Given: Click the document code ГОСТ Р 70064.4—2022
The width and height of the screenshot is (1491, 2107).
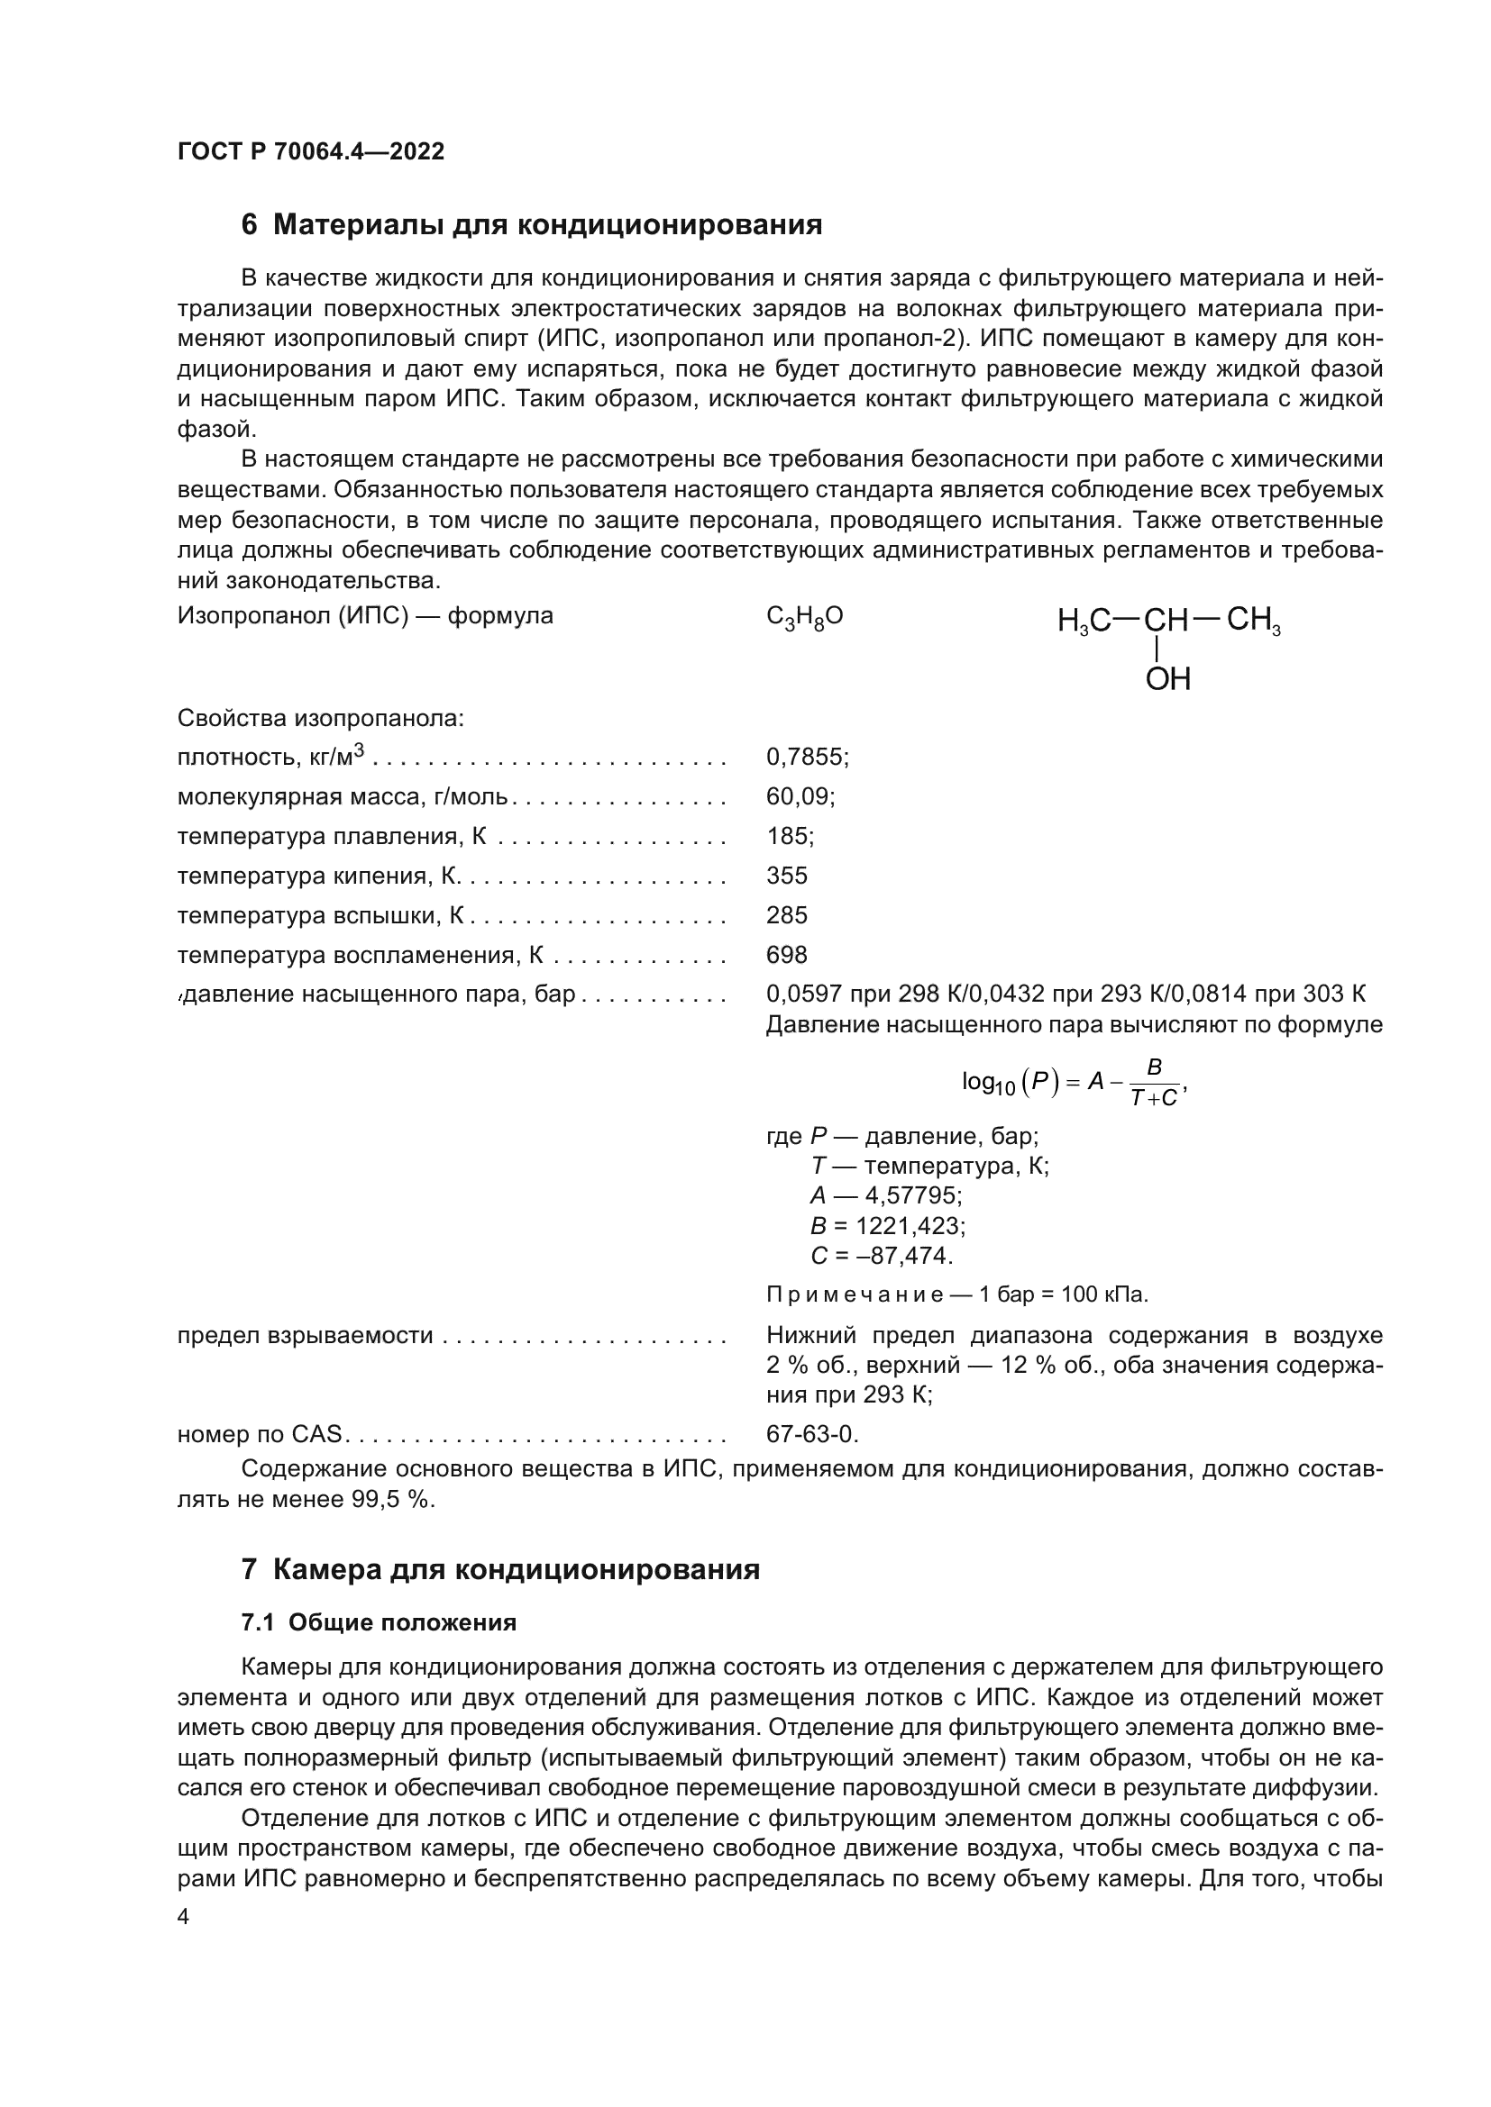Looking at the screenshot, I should click(x=310, y=151).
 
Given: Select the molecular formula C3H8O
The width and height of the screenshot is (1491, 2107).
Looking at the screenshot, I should click(x=804, y=617).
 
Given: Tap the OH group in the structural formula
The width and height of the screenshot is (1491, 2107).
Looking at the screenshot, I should click(x=1167, y=679).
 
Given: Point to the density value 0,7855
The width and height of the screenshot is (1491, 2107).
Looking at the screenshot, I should click(x=806, y=757).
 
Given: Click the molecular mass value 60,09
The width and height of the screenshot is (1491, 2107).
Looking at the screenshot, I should click(x=800, y=796).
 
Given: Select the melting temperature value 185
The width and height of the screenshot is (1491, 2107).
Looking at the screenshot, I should click(x=790, y=836).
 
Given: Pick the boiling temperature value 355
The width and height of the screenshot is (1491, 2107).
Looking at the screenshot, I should click(x=787, y=876).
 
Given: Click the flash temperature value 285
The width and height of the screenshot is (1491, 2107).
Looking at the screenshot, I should click(x=787, y=915).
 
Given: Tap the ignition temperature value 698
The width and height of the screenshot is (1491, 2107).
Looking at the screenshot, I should click(x=787, y=955).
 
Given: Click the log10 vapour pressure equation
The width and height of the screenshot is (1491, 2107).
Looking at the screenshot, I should click(x=1075, y=1083).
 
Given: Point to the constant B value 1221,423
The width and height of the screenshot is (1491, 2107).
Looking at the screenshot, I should click(x=910, y=1226).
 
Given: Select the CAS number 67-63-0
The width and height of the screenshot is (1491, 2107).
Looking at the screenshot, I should click(x=811, y=1434).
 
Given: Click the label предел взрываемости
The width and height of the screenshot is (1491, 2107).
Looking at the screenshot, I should click(x=305, y=1335).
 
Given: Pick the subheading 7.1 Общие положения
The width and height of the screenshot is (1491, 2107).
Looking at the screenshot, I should click(x=379, y=1622).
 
